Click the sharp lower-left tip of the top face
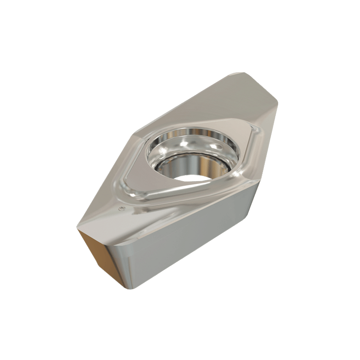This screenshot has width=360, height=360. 78,230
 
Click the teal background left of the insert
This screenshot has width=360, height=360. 42,169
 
